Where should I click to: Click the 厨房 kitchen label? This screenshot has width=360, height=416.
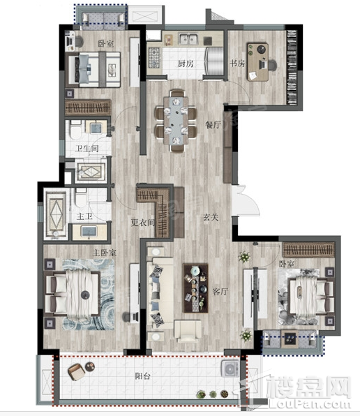(x=186, y=64)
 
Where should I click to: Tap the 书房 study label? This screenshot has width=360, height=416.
(x=237, y=64)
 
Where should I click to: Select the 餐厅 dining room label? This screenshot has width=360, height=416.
(x=213, y=125)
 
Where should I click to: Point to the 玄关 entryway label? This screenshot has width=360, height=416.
(x=211, y=218)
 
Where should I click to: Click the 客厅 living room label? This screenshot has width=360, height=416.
(x=220, y=292)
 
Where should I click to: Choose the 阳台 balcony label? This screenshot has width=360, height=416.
(x=142, y=376)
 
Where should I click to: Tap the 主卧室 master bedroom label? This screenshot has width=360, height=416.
(x=104, y=253)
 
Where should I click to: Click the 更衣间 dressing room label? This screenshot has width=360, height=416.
(x=142, y=223)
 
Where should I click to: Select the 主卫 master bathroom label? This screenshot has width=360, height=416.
(x=84, y=216)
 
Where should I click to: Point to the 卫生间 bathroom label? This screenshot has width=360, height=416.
(x=87, y=149)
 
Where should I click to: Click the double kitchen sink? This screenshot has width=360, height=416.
(x=188, y=39)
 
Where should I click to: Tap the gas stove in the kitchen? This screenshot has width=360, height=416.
(x=153, y=57)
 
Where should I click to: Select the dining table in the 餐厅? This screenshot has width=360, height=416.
(x=176, y=121)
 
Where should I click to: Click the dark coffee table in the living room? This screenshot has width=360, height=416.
(x=196, y=288)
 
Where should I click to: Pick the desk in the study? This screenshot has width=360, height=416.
(x=257, y=62)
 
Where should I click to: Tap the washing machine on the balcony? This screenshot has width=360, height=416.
(x=230, y=369)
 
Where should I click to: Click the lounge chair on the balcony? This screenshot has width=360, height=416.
(x=76, y=371)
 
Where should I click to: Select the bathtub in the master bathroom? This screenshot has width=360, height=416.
(x=57, y=214)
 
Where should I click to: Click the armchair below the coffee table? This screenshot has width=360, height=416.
(x=188, y=331)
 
